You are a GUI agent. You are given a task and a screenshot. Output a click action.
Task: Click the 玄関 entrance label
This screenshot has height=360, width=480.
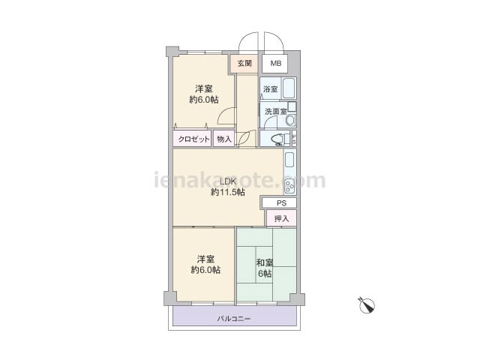(x=244, y=63)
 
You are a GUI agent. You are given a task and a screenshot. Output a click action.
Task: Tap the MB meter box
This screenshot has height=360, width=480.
(x=275, y=64)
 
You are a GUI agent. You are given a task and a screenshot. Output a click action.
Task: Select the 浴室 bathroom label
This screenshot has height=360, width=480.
(x=271, y=89)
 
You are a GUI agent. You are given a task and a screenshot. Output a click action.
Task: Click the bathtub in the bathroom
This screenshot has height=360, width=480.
(x=288, y=88)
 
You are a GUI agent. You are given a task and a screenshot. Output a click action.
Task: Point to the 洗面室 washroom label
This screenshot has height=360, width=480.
(x=276, y=112)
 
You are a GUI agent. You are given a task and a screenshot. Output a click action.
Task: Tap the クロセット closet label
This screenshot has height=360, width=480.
(x=193, y=139)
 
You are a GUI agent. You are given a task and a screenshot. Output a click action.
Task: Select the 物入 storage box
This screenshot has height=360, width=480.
(x=223, y=139)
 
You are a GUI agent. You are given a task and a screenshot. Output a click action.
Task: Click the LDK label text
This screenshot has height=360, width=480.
(x=228, y=181)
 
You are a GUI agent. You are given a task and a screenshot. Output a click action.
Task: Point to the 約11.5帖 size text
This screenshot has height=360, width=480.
(x=228, y=192)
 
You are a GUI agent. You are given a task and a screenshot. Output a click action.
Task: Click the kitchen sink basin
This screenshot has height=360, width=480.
(x=289, y=160)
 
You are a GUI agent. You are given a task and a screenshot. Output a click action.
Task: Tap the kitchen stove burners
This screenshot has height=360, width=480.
(x=289, y=185)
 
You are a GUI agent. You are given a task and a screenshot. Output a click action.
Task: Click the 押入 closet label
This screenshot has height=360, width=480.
(x=281, y=218)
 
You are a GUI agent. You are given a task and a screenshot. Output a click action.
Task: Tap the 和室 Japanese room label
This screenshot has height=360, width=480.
(x=265, y=262)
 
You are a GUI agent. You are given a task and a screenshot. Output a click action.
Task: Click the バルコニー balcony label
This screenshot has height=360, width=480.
(x=234, y=319)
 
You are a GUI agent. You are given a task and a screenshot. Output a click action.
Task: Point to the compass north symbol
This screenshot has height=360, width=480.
(x=367, y=305)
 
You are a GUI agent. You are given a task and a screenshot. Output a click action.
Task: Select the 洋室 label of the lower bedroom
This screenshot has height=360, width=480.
(x=205, y=259)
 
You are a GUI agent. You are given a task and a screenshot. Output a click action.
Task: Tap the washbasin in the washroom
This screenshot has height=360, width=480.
(x=290, y=120)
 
